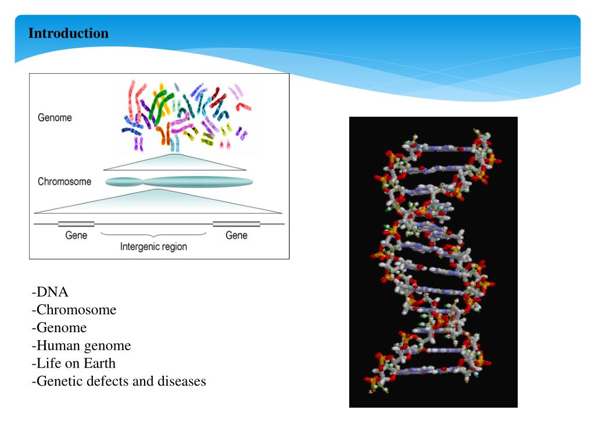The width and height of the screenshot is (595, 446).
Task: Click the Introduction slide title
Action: tap(69, 33)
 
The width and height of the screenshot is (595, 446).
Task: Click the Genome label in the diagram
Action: tap(55, 117)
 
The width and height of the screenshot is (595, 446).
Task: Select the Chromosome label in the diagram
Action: tap(64, 182)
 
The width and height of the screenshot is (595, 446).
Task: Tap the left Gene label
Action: tap(76, 235)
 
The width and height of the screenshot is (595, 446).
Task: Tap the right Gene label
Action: tap(236, 235)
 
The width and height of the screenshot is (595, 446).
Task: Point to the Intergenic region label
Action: tap(153, 246)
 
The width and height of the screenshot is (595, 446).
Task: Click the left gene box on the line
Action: tap(76, 224)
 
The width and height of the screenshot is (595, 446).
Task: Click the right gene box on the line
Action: tap(236, 224)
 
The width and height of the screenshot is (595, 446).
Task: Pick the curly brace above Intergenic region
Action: tap(154, 235)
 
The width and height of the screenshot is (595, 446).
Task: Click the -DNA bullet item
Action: tap(51, 292)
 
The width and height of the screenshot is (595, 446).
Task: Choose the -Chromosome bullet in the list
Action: tap(74, 310)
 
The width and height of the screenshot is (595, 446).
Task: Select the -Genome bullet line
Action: tap(59, 328)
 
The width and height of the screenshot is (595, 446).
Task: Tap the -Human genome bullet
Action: tap(81, 346)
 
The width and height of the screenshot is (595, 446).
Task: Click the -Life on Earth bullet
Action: tap(74, 364)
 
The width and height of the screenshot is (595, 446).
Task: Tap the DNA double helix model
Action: tap(433, 261)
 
